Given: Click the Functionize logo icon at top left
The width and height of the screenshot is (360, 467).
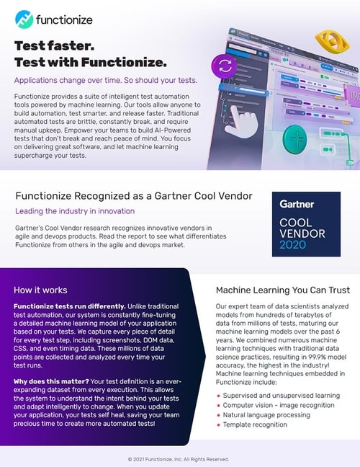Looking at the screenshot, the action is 24,17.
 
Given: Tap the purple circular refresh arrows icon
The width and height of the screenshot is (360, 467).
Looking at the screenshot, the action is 224,67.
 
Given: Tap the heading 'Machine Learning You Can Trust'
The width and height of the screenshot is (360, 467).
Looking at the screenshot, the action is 283,290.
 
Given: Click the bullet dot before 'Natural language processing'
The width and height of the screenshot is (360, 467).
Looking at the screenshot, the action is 218,417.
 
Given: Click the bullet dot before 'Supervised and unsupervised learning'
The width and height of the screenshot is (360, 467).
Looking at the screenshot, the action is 218,396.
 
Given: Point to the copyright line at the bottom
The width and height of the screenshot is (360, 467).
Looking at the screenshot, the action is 179,458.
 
